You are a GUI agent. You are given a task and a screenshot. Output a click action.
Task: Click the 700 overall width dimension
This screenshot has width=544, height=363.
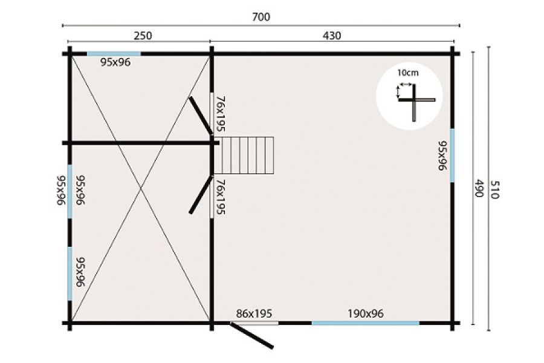click(x=261, y=17)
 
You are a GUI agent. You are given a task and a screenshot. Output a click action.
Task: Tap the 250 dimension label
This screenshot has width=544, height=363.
click(x=143, y=36)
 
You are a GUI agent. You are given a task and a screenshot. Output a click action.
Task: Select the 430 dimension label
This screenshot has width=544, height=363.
click(x=332, y=36)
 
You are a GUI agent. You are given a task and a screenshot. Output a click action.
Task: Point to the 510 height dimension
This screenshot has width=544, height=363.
click(x=494, y=189)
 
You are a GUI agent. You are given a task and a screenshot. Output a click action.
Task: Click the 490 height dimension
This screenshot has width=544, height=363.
click(x=479, y=188)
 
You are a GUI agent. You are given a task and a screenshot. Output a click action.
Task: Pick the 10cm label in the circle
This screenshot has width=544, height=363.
click(x=407, y=73)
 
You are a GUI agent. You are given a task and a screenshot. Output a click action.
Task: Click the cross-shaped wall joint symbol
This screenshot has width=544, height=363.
click(x=416, y=101)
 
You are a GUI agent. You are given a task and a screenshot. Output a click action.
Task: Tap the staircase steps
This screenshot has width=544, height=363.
click(x=244, y=155)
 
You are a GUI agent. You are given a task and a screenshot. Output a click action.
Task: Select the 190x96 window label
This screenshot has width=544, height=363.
click(x=365, y=313)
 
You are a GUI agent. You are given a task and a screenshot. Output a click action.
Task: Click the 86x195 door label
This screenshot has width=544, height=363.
click(x=254, y=313)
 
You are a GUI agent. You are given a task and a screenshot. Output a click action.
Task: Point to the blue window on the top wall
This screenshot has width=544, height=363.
click(x=114, y=54)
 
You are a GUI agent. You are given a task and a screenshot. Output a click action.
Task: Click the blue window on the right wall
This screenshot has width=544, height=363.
click(x=452, y=155)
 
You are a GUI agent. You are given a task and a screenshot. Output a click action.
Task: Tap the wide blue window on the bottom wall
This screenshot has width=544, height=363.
click(x=365, y=323)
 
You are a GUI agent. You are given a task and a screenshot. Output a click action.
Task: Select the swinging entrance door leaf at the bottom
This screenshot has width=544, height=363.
click(x=252, y=335)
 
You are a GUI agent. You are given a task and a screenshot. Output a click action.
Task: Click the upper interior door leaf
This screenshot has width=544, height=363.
click(x=201, y=116)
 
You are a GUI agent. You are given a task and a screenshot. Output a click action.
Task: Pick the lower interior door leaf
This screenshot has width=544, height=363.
click(x=201, y=195)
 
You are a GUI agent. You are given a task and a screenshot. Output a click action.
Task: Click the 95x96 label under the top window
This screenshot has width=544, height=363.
click(x=115, y=62)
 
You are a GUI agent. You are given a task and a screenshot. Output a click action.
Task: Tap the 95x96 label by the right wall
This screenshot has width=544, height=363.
click(x=442, y=155)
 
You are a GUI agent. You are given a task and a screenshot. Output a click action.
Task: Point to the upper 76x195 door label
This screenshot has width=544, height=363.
click(x=221, y=114)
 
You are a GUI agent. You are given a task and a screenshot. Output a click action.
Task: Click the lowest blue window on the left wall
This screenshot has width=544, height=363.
click(x=70, y=273)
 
